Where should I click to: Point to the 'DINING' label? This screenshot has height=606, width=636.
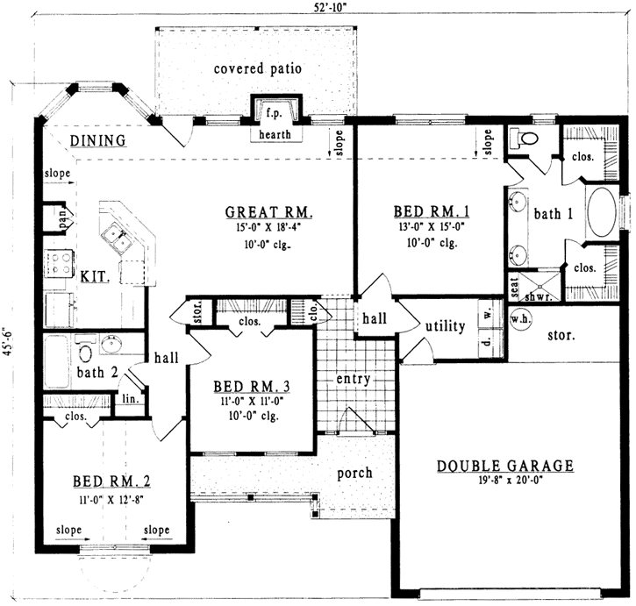99,140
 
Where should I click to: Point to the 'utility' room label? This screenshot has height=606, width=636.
445,326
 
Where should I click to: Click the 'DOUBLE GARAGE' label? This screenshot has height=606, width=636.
505,465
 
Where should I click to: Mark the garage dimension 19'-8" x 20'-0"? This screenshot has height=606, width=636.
505,481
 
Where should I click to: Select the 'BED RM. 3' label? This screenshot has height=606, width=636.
252,386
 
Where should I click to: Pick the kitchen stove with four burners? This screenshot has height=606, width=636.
59,263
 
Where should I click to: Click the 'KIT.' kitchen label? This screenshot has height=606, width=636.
94,276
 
